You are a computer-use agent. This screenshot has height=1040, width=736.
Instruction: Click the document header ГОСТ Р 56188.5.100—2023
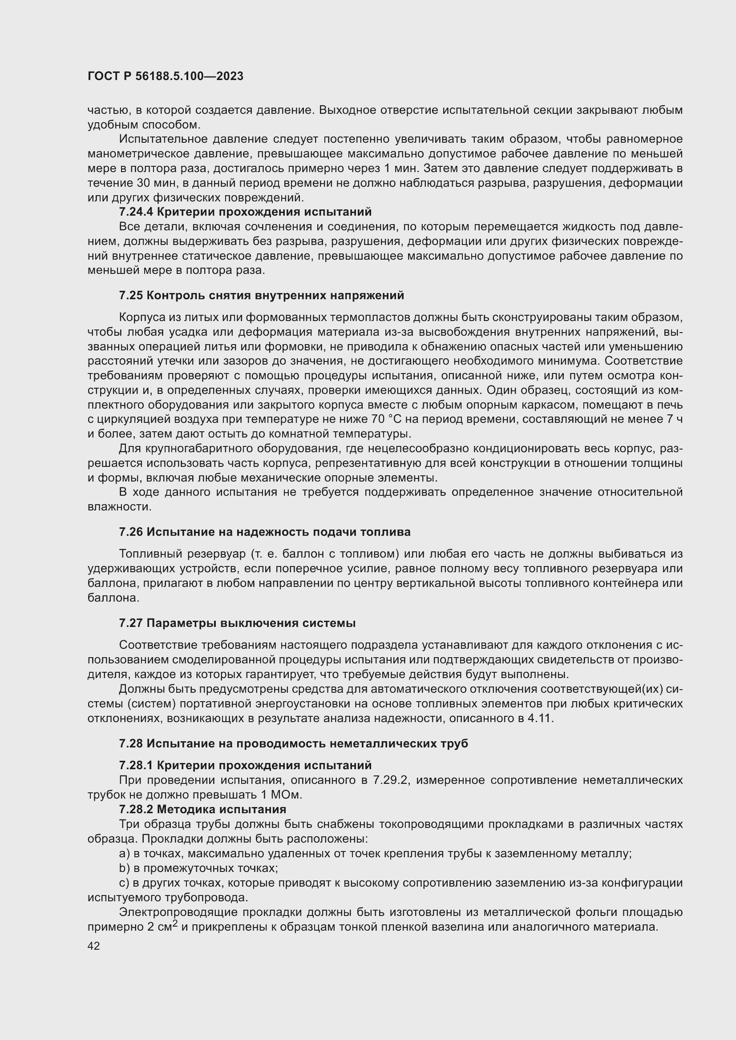(x=166, y=76)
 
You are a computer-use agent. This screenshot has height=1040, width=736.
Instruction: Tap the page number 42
(x=94, y=946)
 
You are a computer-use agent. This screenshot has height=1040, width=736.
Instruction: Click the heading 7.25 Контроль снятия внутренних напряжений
(x=262, y=295)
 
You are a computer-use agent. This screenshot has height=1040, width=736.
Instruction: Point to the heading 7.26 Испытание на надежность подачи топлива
(x=265, y=532)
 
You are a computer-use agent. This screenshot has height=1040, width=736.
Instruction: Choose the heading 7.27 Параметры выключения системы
(x=237, y=623)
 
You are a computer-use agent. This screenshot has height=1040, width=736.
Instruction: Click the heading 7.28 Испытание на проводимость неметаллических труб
(x=293, y=743)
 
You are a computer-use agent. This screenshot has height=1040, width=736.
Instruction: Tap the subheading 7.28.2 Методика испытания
(x=202, y=809)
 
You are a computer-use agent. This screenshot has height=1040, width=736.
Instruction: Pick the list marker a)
(x=124, y=853)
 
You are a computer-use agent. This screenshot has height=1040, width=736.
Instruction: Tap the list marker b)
(x=124, y=868)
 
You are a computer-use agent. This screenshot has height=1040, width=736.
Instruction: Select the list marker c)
(x=124, y=883)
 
